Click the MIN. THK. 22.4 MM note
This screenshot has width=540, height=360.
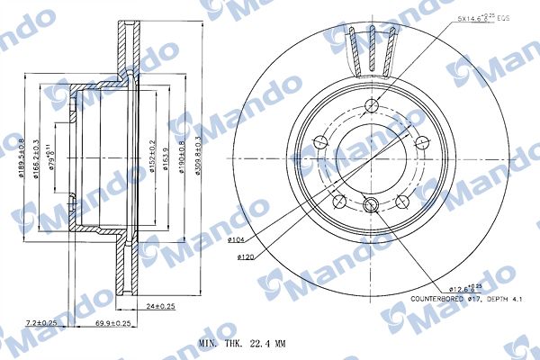242,344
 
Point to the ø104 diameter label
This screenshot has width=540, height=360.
237,240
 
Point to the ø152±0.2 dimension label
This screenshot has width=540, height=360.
154,152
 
